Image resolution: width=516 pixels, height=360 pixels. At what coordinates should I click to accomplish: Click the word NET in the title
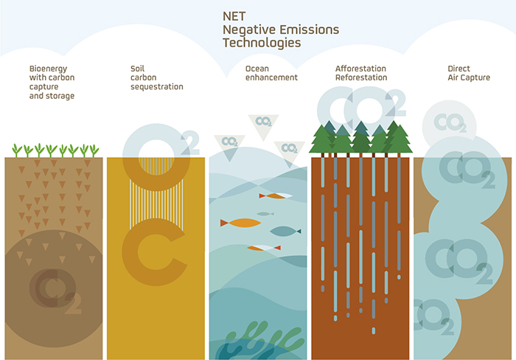(x=234, y=16)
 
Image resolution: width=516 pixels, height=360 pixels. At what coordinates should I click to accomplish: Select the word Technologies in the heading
(x=262, y=43)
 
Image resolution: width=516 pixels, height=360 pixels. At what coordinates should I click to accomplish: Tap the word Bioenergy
(x=48, y=69)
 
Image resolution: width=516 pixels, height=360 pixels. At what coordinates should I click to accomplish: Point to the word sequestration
(x=156, y=86)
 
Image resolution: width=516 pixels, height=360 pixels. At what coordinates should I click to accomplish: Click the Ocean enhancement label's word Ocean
(x=257, y=69)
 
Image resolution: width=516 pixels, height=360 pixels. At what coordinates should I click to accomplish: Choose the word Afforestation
(x=360, y=69)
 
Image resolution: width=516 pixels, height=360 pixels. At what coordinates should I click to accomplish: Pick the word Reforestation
(x=361, y=77)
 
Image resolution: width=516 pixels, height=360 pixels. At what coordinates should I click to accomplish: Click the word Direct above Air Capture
(x=459, y=69)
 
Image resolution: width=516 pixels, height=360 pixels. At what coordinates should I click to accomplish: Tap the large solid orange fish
(x=240, y=223)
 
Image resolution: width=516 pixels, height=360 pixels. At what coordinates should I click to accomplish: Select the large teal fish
(x=285, y=231)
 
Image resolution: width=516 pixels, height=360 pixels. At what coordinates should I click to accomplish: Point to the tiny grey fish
(x=265, y=214)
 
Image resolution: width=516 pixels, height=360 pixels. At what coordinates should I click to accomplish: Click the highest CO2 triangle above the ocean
(x=263, y=125)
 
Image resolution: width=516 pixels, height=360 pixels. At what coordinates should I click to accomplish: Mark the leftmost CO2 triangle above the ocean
(x=229, y=145)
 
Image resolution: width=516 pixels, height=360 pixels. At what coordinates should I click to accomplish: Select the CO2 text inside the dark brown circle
(x=55, y=291)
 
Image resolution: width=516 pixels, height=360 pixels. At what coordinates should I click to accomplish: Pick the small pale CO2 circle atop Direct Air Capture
(x=450, y=123)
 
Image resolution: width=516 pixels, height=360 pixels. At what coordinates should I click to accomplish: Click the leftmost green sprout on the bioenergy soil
(x=16, y=150)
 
